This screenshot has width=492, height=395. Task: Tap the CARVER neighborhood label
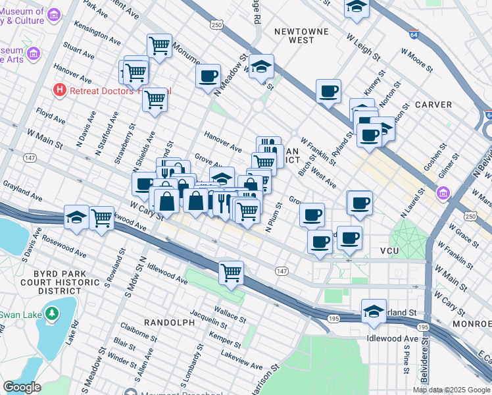(433, 105)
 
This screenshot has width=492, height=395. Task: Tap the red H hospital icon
(61, 90)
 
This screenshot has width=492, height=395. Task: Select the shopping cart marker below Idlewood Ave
(231, 272)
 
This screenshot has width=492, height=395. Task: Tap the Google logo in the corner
(22, 387)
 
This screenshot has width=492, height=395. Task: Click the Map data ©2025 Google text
(451, 390)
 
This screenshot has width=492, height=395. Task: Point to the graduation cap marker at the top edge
(357, 6)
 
